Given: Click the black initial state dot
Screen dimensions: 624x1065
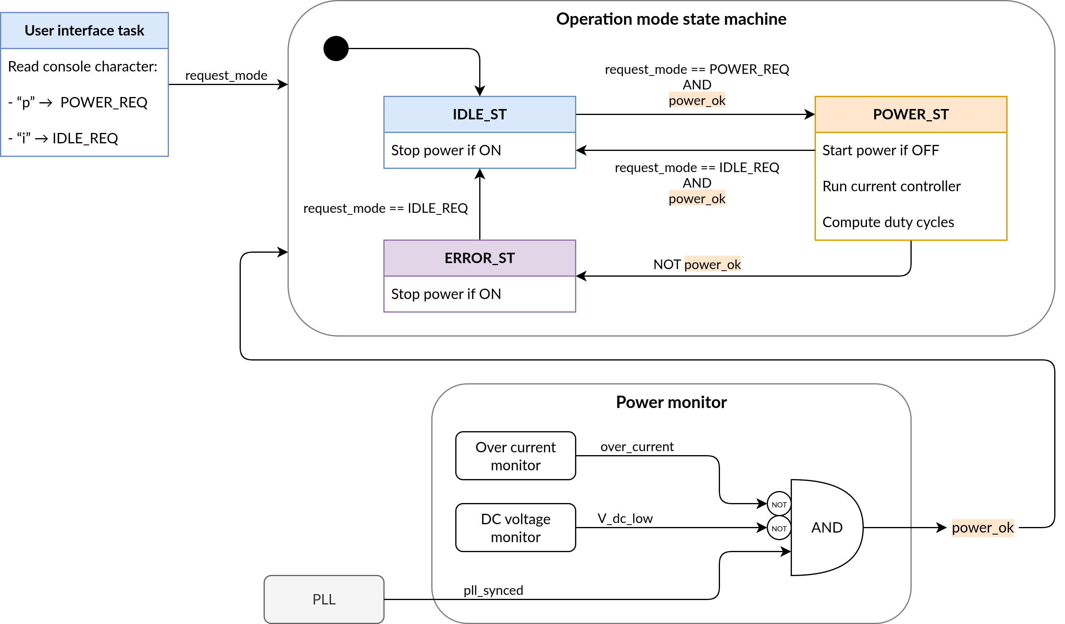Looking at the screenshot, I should click(x=335, y=49).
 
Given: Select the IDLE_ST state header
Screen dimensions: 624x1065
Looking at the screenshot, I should click(x=479, y=115).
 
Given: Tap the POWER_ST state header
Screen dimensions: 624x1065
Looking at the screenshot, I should click(x=910, y=115).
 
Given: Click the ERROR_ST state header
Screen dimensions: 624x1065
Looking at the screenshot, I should click(x=479, y=258).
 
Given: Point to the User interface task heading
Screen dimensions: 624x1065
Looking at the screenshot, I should click(x=85, y=31).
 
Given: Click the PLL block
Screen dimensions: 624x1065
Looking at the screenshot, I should click(x=324, y=599).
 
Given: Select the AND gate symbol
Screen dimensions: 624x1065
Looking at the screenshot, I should click(x=826, y=527).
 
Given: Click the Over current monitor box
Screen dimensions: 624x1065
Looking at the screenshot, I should click(x=515, y=456).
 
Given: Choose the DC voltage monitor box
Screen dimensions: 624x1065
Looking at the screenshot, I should click(x=515, y=528).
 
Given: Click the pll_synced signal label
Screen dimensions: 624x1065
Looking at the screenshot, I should click(x=493, y=590).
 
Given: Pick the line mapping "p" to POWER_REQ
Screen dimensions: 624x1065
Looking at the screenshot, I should click(x=78, y=103).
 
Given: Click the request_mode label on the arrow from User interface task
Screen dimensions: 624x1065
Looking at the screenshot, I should click(x=226, y=75).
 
